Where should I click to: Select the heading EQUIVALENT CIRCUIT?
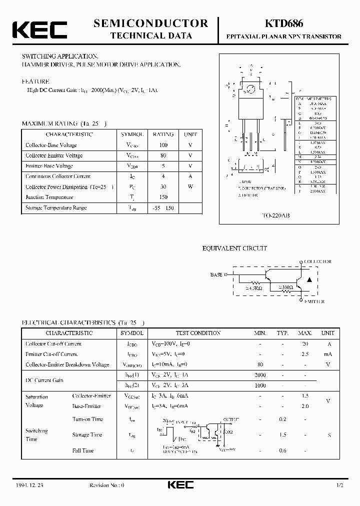(234, 248)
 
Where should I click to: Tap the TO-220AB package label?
(276, 215)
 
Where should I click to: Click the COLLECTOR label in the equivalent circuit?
(318, 261)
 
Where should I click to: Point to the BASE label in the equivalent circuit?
(216, 275)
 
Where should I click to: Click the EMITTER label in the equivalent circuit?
(313, 301)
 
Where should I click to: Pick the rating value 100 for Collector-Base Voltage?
(163, 145)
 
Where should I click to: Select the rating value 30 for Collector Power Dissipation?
(163, 186)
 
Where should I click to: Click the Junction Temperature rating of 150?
(163, 197)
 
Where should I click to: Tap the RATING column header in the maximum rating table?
(163, 134)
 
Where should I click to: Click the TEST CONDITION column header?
(198, 333)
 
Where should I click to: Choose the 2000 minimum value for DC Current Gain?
(260, 375)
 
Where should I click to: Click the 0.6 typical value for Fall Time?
(282, 450)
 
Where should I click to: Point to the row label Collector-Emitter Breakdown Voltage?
(67, 364)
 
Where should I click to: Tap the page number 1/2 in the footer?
(340, 485)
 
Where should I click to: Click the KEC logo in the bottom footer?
(179, 485)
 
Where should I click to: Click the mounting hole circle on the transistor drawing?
(251, 90)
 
